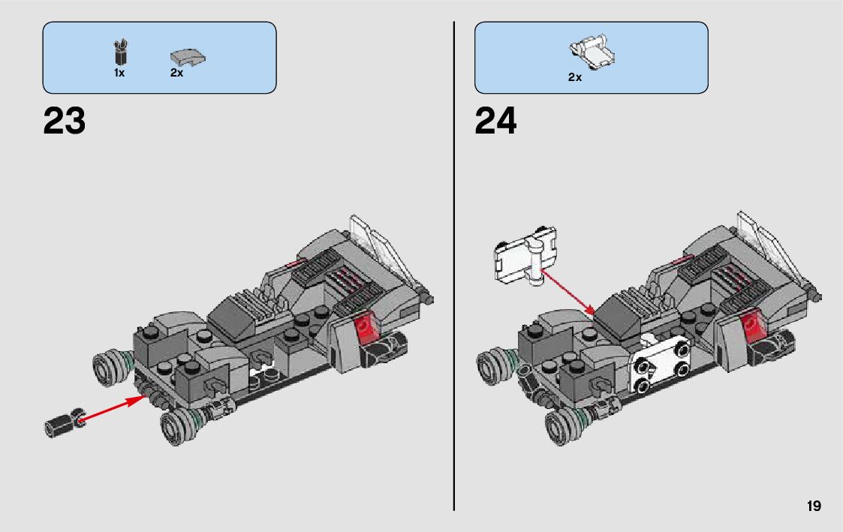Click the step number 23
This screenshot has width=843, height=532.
[x=65, y=121]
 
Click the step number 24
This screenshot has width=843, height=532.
[x=495, y=121]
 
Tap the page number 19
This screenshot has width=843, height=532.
[x=814, y=506]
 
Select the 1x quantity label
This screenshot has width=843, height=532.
[x=119, y=74]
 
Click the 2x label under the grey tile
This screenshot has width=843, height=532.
[x=176, y=74]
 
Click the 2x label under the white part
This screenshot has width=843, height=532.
[x=574, y=77]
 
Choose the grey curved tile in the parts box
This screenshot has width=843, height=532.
[x=188, y=56]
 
